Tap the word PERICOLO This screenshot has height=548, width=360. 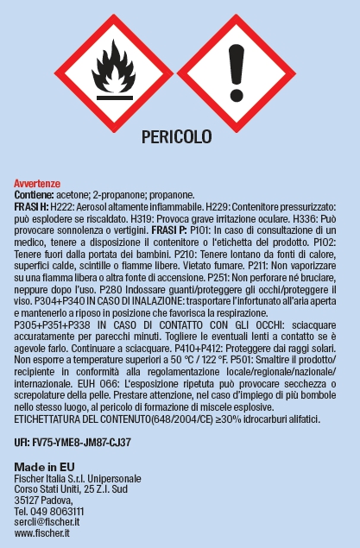click(176, 136)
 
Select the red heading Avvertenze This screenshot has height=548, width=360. click(36, 184)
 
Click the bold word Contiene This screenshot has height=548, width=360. click(34, 195)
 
